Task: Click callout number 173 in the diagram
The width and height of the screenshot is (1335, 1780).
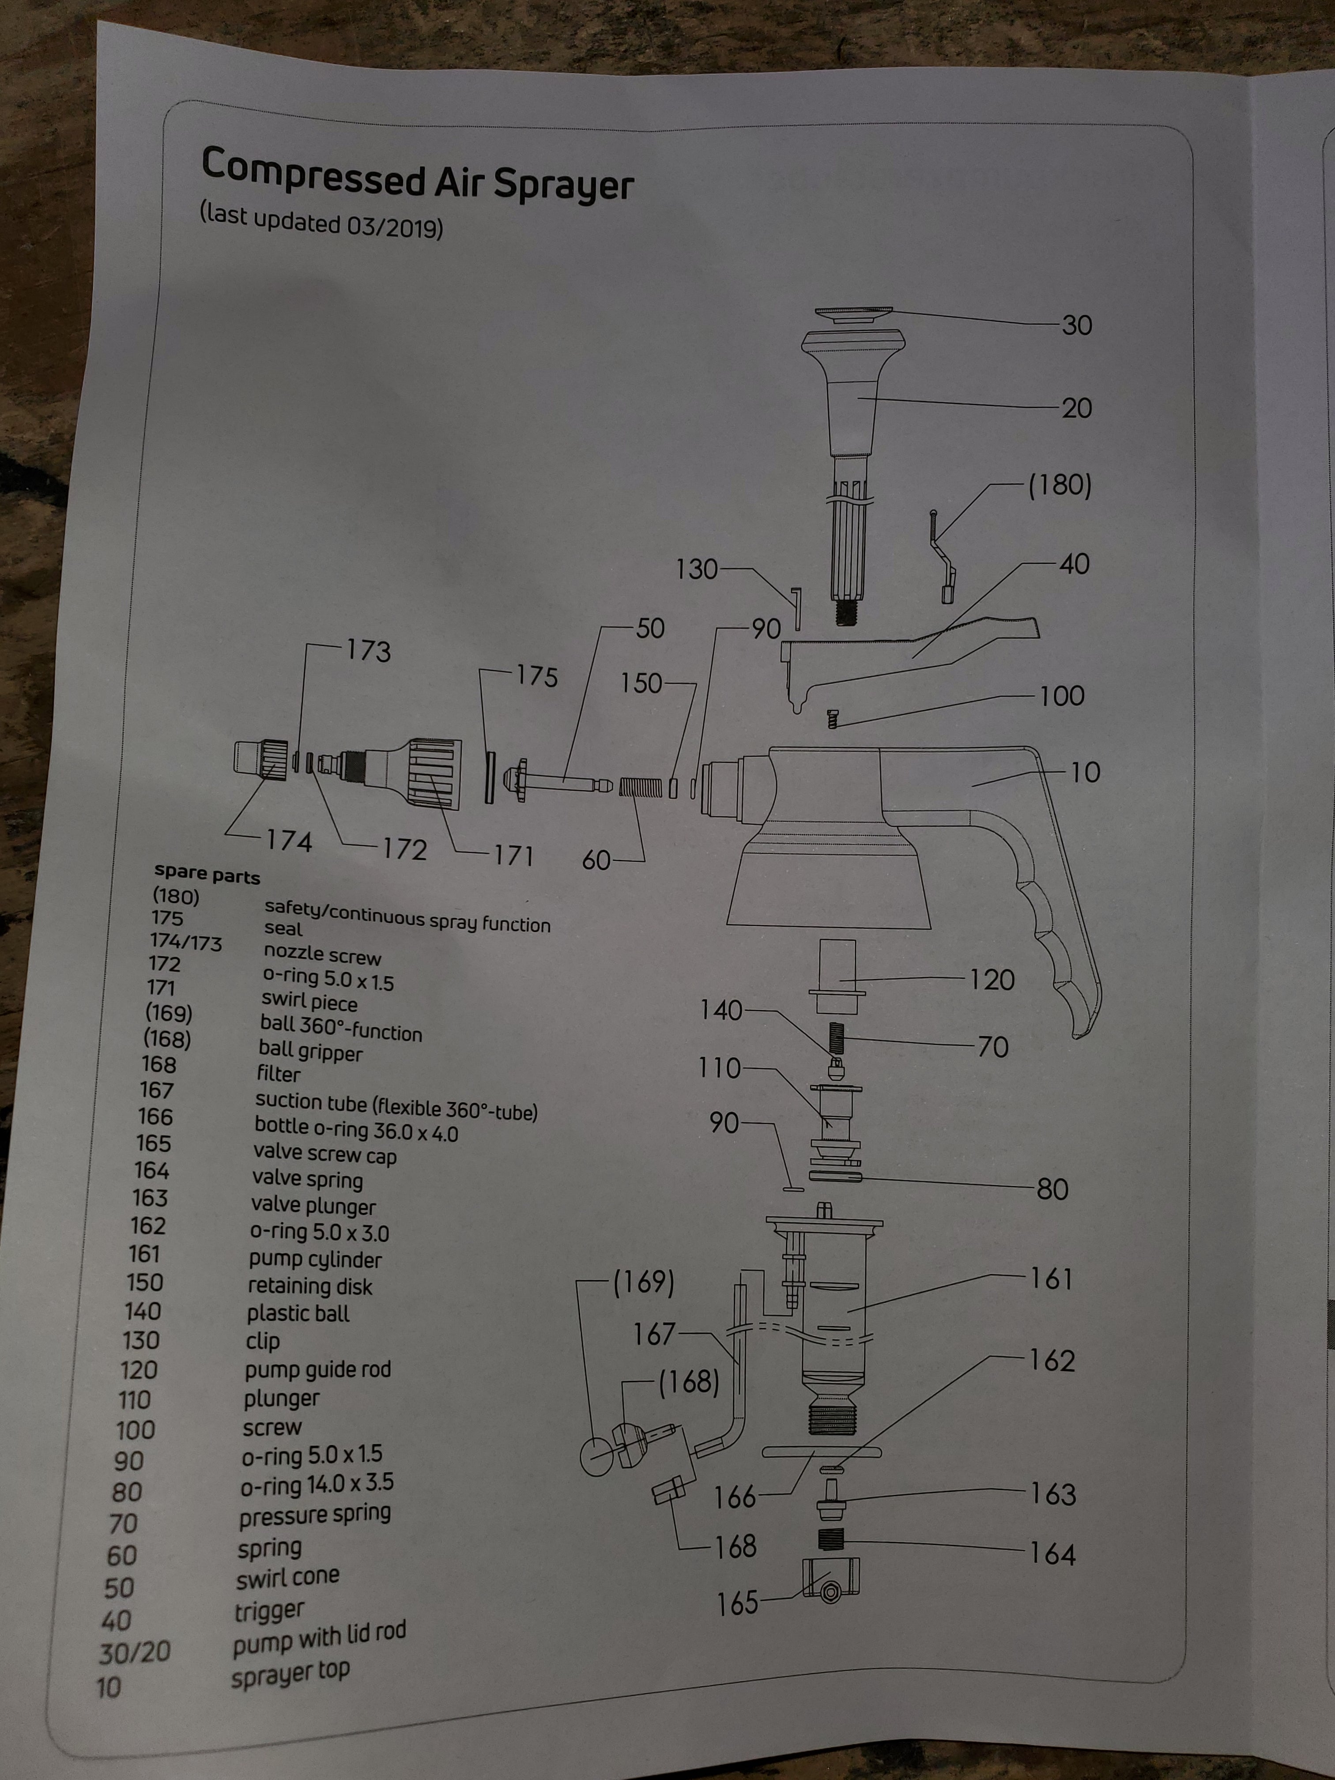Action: point(369,650)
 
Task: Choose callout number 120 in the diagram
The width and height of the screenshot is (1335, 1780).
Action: point(992,979)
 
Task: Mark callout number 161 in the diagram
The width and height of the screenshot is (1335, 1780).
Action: point(1051,1278)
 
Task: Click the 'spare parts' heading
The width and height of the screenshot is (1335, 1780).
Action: point(207,874)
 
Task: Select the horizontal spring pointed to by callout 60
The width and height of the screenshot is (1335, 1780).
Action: point(641,787)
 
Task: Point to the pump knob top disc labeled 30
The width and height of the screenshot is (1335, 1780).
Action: point(854,314)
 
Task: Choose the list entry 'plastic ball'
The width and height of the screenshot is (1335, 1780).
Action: point(298,1313)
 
